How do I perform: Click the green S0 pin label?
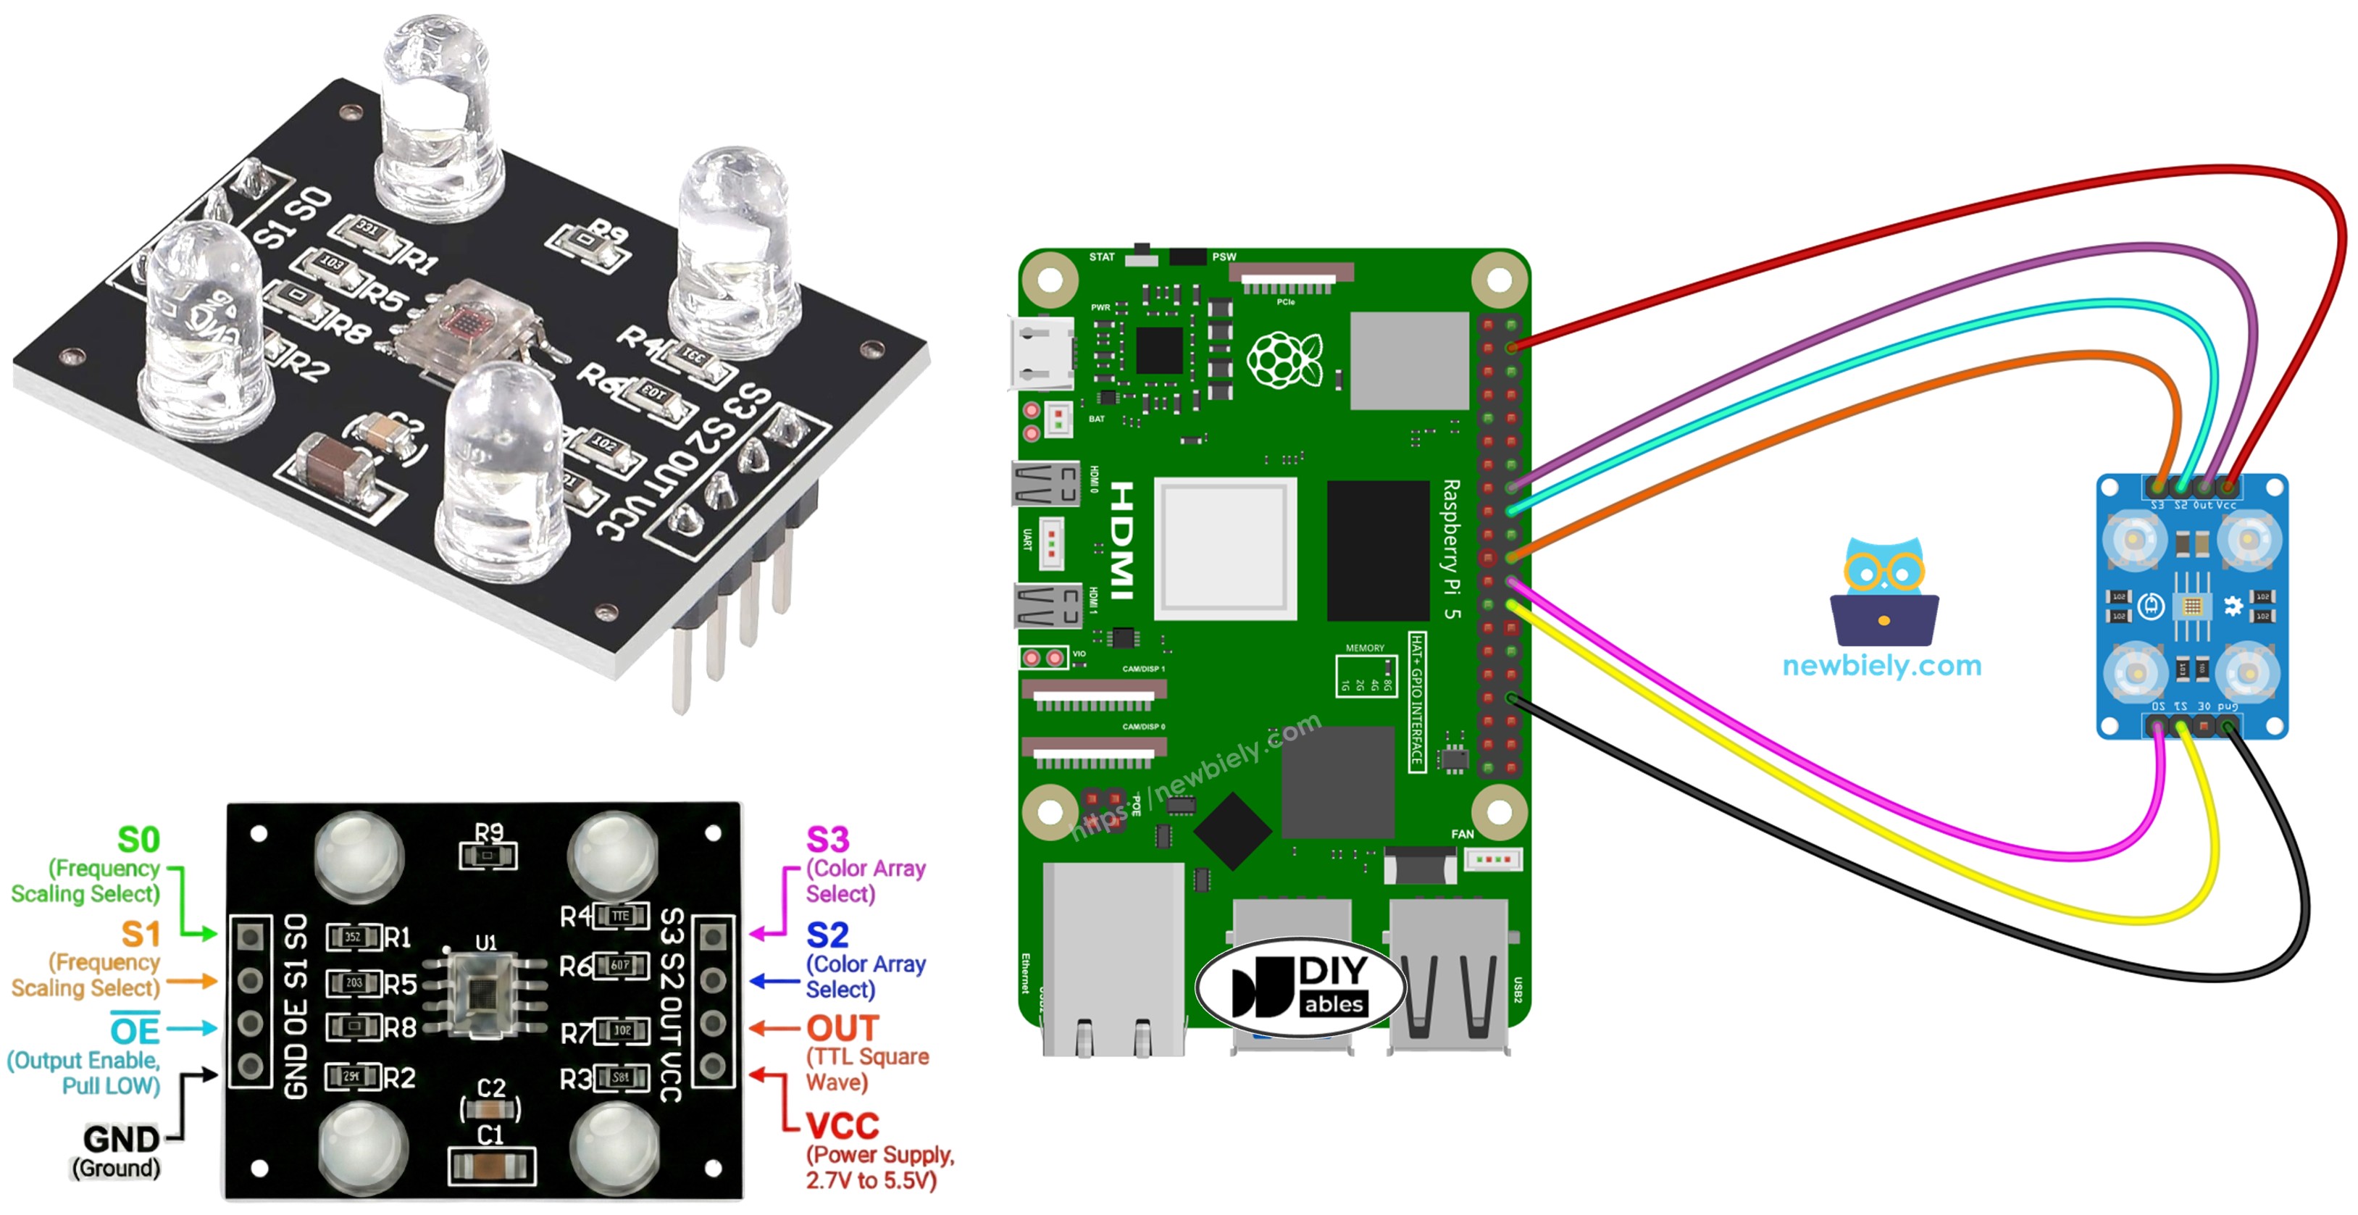pyautogui.click(x=138, y=840)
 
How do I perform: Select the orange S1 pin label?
pyautogui.click(x=141, y=934)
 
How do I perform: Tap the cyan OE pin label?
pyautogui.click(x=135, y=1030)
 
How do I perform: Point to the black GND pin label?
pyautogui.click(x=121, y=1139)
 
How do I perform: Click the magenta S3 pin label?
pyautogui.click(x=827, y=840)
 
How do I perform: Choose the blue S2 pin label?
pyautogui.click(x=827, y=935)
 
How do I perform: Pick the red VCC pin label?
pyautogui.click(x=842, y=1125)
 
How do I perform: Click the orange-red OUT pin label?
pyautogui.click(x=842, y=1028)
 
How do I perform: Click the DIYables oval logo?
pyautogui.click(x=1300, y=987)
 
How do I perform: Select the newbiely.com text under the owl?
pyautogui.click(x=1882, y=666)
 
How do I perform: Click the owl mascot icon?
pyautogui.click(x=1884, y=591)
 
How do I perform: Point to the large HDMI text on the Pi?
pyautogui.click(x=1122, y=540)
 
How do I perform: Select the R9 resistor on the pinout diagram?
pyautogui.click(x=488, y=856)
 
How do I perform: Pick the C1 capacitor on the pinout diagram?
pyautogui.click(x=492, y=1166)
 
